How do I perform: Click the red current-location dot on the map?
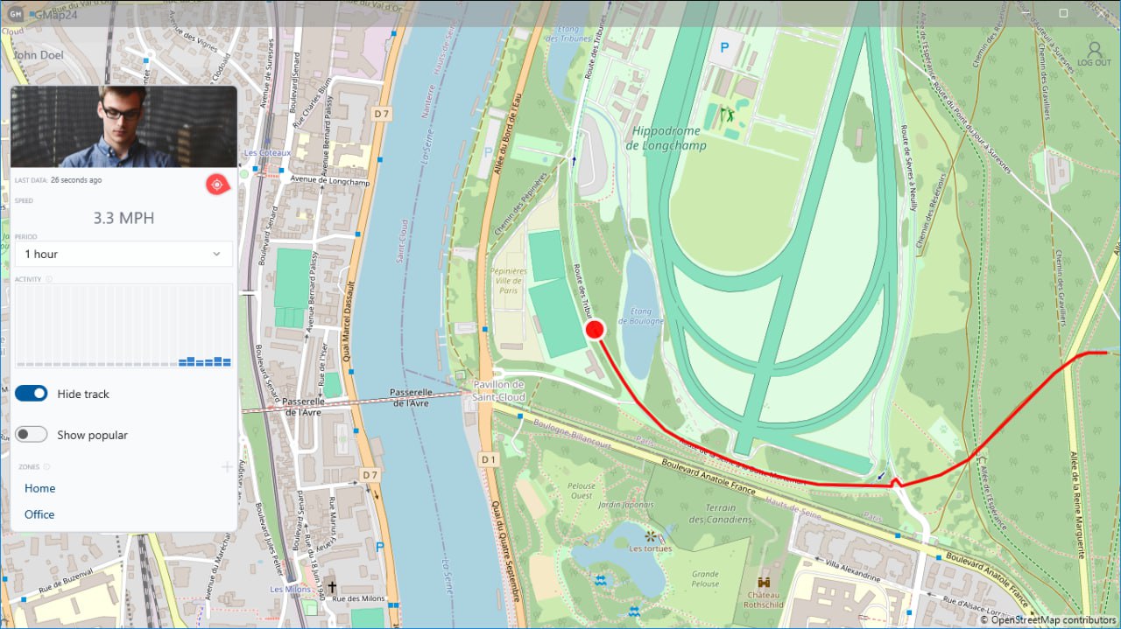pos(595,330)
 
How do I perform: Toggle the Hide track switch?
pos(32,394)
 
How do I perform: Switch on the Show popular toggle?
pos(32,435)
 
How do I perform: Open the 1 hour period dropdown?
pos(123,254)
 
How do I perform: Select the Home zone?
pos(40,488)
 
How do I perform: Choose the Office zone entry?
pos(39,514)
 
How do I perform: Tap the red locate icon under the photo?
pos(215,184)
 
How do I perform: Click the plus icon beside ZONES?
pos(227,467)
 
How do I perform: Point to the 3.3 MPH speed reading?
pos(123,218)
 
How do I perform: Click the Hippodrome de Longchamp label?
pos(666,138)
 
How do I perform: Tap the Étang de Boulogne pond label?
pos(641,316)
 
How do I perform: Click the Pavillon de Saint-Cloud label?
pos(498,391)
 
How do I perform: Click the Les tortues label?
pos(650,549)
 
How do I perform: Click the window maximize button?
pos(1063,13)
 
